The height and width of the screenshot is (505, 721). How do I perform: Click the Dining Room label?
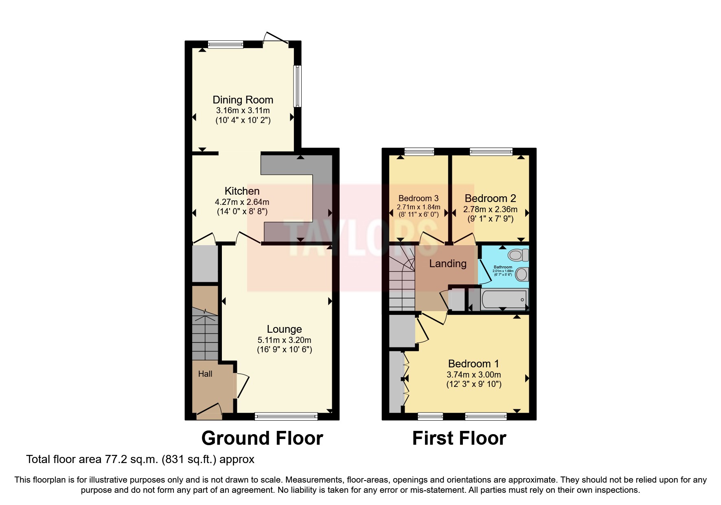[243, 100]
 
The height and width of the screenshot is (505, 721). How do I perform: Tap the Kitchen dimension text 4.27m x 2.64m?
[242, 202]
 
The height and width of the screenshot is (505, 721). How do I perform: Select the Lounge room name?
[284, 329]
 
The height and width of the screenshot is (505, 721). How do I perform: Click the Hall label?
[205, 374]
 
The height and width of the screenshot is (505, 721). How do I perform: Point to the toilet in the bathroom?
[518, 255]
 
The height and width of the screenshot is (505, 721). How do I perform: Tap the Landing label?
[447, 263]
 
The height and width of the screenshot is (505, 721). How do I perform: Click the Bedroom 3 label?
[418, 198]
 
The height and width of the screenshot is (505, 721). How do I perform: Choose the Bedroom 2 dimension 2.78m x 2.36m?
[490, 209]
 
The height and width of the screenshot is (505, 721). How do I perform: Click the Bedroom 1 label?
[473, 363]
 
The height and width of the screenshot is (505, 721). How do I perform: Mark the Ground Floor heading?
[262, 438]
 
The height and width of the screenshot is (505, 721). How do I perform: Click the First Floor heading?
[459, 438]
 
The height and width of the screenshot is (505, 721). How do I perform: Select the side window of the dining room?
[298, 86]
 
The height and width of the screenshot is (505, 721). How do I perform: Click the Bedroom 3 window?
[419, 152]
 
